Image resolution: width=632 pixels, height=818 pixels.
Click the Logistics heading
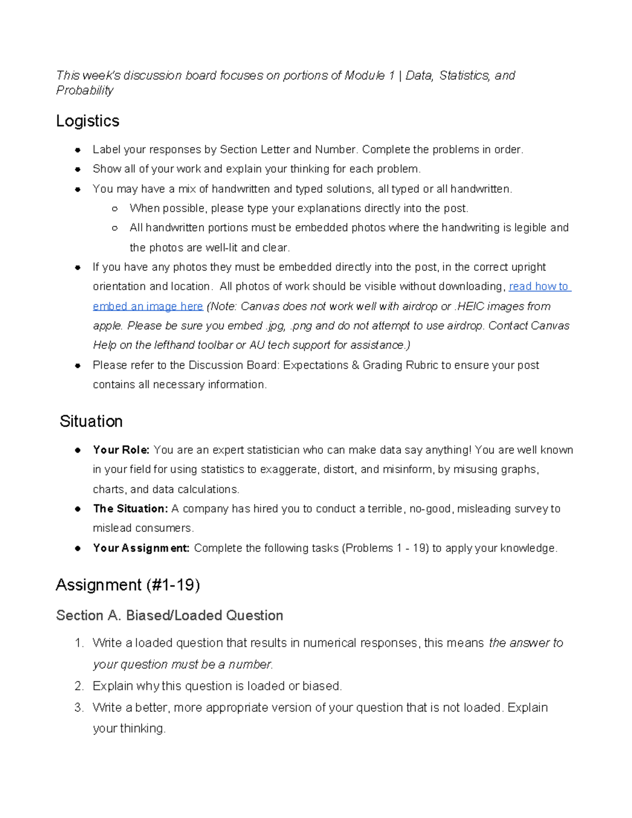click(87, 121)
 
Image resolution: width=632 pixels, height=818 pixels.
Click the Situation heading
click(91, 421)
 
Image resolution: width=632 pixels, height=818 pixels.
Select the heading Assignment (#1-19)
click(127, 585)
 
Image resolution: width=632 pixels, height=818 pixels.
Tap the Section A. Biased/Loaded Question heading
click(170, 615)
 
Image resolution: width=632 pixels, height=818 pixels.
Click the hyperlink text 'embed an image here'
click(148, 307)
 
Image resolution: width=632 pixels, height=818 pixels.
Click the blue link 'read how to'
click(539, 287)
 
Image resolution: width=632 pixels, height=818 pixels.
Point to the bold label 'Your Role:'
click(121, 450)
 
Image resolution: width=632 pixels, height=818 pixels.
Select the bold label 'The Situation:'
click(130, 509)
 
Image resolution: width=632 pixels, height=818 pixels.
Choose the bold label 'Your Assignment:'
click(141, 548)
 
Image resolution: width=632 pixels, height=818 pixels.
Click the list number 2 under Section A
click(79, 686)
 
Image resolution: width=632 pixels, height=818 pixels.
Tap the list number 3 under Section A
click(79, 707)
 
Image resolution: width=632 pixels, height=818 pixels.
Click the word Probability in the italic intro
click(84, 91)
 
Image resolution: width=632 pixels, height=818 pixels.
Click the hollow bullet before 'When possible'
click(115, 209)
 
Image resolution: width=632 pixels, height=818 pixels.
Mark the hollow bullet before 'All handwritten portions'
click(115, 229)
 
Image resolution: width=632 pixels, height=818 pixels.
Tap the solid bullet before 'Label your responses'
click(77, 150)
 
